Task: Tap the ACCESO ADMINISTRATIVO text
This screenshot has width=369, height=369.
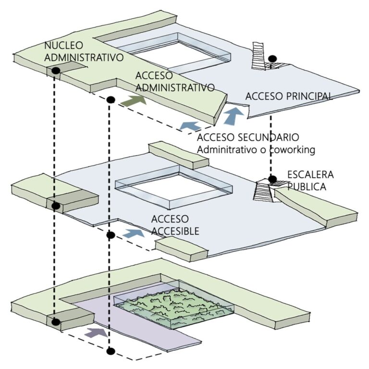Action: pos(174,82)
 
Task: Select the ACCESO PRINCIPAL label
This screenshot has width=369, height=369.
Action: pos(288,96)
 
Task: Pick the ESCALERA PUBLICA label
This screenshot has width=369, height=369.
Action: pos(309,180)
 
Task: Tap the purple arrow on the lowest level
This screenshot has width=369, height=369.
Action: pos(97,332)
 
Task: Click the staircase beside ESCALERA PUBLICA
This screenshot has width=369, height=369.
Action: pos(264,191)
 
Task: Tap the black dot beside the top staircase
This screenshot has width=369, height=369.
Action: pos(272,59)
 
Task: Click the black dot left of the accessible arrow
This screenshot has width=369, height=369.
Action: pos(110,235)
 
